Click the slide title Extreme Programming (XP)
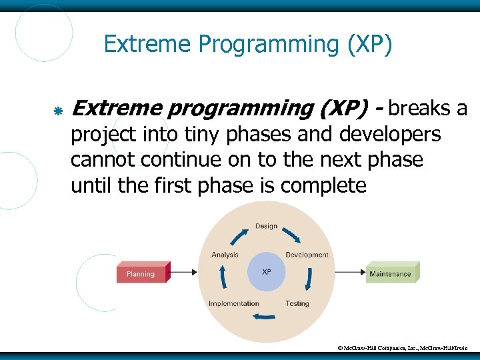tap(248, 45)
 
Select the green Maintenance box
tap(391, 273)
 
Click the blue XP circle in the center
tap(266, 272)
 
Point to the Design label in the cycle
tap(266, 226)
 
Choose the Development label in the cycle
tap(307, 255)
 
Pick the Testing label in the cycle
tap(297, 303)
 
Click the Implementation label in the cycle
tap(233, 303)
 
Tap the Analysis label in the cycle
tap(225, 255)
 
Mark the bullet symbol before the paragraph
tap(58, 110)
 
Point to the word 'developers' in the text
tap(390, 135)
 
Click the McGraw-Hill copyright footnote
tap(407, 348)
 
